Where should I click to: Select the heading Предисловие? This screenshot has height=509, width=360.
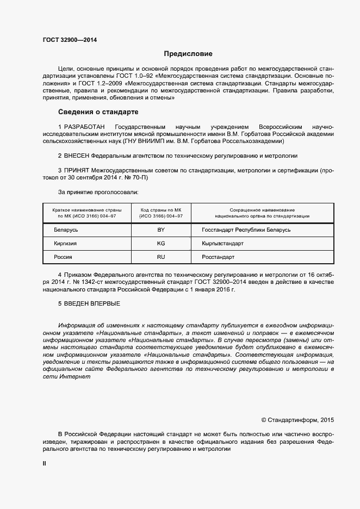(188, 54)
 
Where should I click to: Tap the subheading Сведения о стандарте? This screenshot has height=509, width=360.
(98, 112)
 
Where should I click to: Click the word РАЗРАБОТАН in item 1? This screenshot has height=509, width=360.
(83, 126)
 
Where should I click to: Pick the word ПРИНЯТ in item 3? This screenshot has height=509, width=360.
(77, 170)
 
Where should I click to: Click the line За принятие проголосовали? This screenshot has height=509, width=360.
(98, 192)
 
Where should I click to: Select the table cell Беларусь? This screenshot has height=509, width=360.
(66, 229)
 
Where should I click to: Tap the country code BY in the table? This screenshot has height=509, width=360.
(161, 229)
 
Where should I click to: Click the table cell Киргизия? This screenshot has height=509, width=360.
(65, 243)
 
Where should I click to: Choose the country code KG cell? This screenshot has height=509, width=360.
(161, 243)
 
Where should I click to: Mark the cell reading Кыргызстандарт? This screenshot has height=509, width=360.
(219, 243)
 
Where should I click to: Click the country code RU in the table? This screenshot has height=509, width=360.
(161, 257)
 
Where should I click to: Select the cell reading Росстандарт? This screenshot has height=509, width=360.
(214, 257)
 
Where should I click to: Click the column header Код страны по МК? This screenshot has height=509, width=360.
(162, 210)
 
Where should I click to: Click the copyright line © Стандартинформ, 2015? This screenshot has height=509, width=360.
(297, 419)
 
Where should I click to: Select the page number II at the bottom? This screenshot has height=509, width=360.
(45, 463)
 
